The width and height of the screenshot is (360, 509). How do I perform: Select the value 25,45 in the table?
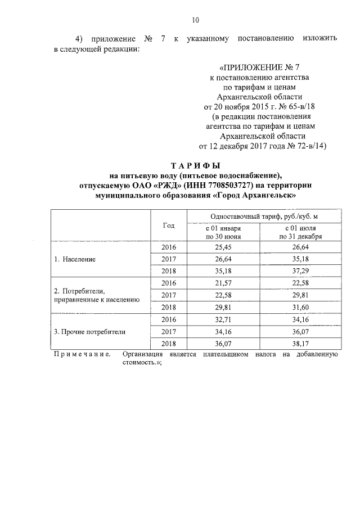223,247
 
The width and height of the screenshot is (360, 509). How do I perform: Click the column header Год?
169,226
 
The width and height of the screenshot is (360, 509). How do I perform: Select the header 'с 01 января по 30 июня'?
223,232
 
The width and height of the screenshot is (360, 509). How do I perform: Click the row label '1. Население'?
75,259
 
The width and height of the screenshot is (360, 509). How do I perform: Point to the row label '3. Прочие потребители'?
89,332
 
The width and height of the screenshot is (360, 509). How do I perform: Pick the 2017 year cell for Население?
169,259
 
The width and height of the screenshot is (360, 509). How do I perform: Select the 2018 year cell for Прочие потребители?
169,344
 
